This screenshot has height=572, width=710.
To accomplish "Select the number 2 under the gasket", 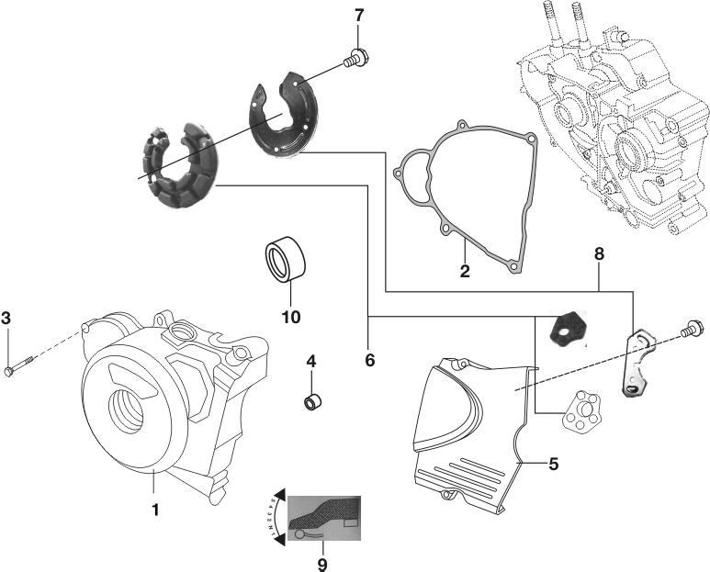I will (x=466, y=271).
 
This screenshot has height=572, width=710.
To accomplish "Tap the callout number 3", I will (x=6, y=319).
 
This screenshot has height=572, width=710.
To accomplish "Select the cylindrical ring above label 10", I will (x=286, y=261).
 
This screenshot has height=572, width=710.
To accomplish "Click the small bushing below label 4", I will (x=312, y=401).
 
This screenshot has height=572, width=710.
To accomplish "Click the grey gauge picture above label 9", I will (x=324, y=522).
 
